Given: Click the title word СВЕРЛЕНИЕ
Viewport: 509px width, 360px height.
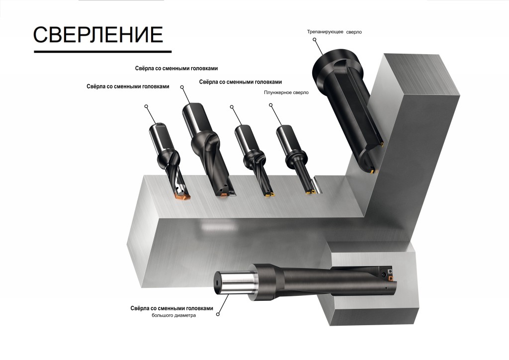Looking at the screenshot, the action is (x=98, y=35).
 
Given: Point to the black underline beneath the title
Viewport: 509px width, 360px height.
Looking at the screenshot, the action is (x=102, y=51).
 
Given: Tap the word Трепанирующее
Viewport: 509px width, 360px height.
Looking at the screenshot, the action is (x=325, y=32).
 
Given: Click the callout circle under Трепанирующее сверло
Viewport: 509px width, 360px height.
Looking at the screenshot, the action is (x=315, y=40).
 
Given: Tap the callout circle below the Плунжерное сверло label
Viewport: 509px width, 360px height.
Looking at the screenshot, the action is (x=271, y=105).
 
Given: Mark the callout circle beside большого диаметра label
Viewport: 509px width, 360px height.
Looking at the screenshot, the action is (x=218, y=314).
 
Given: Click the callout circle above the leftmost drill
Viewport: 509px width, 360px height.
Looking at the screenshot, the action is (x=147, y=106).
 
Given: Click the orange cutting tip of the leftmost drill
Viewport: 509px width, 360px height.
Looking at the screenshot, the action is (x=181, y=196).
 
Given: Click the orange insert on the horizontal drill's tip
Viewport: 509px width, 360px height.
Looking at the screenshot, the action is (x=390, y=277).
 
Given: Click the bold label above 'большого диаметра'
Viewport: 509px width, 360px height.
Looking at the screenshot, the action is (x=171, y=308).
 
